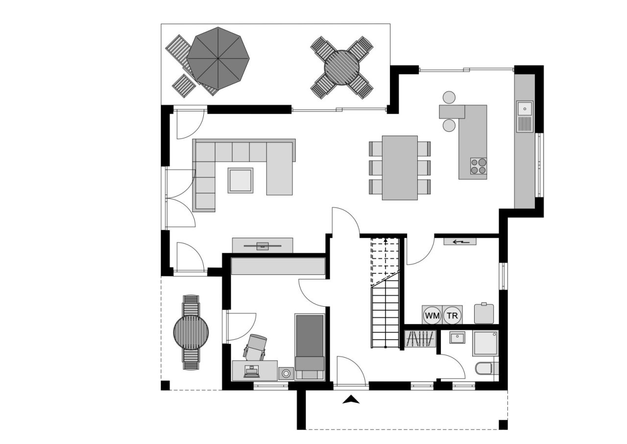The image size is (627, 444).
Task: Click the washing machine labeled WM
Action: tap(432, 315)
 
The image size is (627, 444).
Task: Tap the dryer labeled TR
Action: tap(453, 315)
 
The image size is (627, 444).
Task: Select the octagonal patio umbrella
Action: tap(218, 58)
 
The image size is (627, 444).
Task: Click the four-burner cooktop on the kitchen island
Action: tap(479, 166)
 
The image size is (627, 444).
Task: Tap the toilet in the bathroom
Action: tap(485, 368)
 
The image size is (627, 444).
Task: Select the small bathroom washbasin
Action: tap(457, 338)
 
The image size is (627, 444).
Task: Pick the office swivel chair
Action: tap(256, 346)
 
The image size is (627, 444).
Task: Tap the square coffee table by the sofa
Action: tap(241, 180)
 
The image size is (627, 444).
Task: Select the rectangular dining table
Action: tap(400, 168)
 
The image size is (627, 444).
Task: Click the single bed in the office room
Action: tap(310, 346)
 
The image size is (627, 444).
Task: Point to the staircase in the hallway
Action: tap(386, 294)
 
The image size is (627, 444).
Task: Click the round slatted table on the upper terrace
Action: tap(342, 68)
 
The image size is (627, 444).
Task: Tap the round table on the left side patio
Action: tap(191, 332)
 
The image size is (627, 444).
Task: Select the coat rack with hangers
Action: tap(421, 339)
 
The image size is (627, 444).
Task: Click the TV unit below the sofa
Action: tap(263, 245)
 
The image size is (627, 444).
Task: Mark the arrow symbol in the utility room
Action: tap(459, 241)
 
